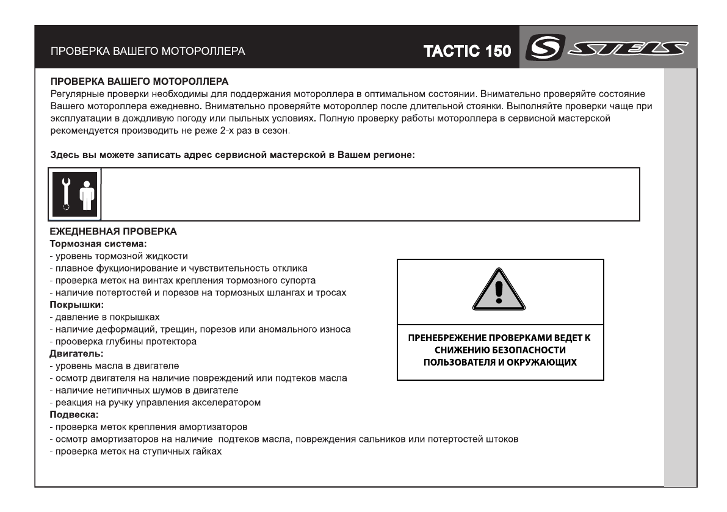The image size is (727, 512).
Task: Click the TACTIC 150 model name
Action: tap(468, 51)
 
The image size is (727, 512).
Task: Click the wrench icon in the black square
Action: tap(66, 193)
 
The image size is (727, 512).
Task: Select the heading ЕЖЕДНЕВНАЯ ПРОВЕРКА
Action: tap(114, 232)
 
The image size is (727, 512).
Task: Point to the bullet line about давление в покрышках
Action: tap(104, 317)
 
